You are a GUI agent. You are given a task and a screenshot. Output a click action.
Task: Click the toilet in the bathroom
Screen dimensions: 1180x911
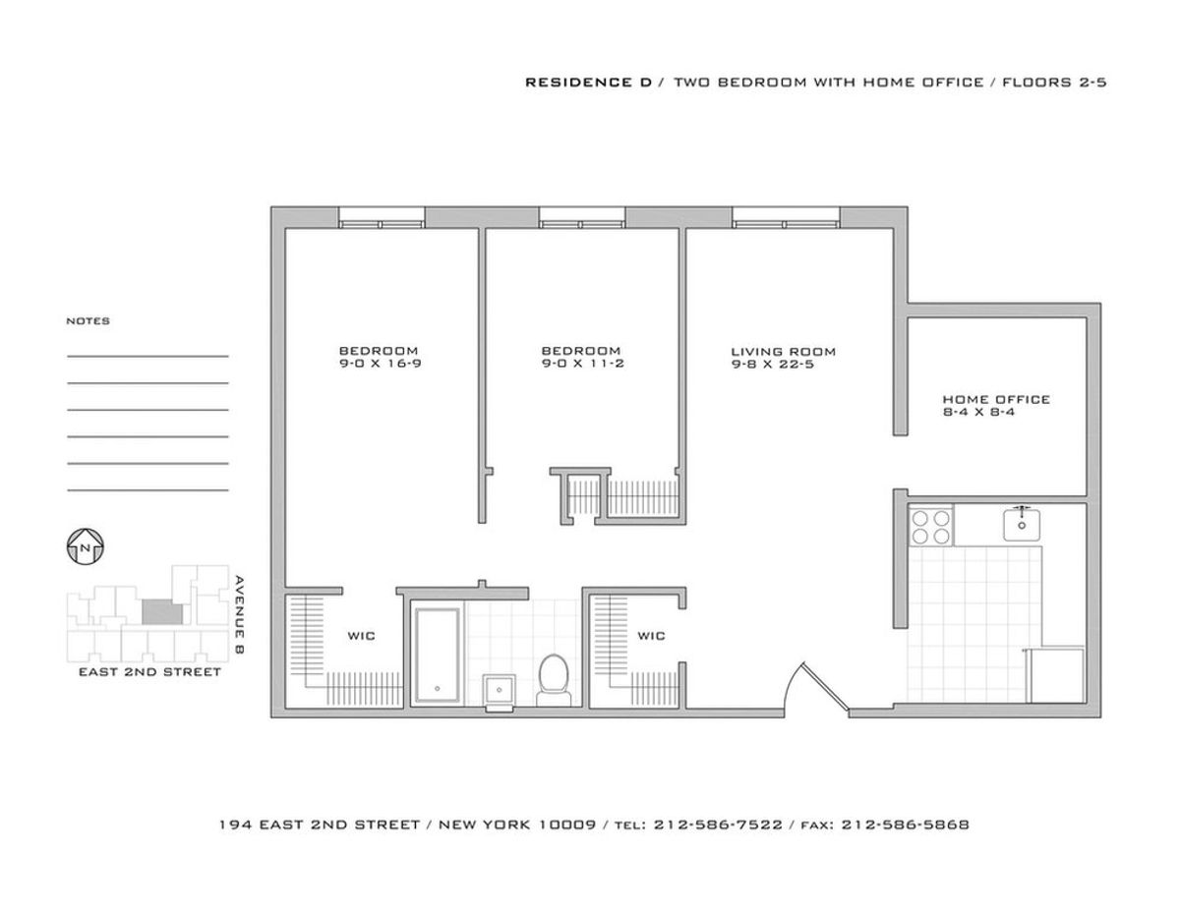pos(554,680)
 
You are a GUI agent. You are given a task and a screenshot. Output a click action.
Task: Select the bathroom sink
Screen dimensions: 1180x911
pos(500,691)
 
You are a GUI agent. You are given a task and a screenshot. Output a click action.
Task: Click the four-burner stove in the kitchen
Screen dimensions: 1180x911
pos(930,527)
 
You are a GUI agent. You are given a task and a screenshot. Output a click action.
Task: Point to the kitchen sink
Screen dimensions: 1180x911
pos(1022,524)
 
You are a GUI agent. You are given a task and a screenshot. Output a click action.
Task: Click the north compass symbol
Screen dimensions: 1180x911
pos(85,547)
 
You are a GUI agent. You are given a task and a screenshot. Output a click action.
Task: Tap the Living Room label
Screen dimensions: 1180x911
pos(783,352)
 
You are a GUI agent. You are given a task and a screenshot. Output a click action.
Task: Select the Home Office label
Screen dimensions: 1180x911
pos(996,399)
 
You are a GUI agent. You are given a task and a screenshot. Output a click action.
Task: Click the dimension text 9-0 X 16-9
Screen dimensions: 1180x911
pos(381,364)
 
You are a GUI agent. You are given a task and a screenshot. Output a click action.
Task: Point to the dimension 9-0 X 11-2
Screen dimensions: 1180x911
pos(583,364)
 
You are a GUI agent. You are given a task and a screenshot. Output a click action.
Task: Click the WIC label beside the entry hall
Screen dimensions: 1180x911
pos(651,636)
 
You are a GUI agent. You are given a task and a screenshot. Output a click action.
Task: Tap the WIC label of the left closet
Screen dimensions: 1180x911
pos(361,636)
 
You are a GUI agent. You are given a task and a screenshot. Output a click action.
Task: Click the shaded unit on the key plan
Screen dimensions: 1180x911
pos(162,611)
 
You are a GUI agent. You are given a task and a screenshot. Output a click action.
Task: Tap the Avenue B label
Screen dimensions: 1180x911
pos(240,615)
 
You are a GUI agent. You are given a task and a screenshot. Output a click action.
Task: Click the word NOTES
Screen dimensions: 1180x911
pos(88,321)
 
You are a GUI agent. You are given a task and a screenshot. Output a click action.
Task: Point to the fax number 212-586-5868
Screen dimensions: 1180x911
pos(905,825)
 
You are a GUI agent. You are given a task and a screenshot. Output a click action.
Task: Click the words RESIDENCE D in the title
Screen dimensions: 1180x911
pos(588,83)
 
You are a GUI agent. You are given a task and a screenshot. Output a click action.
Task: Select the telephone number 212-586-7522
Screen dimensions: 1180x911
pos(718,825)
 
